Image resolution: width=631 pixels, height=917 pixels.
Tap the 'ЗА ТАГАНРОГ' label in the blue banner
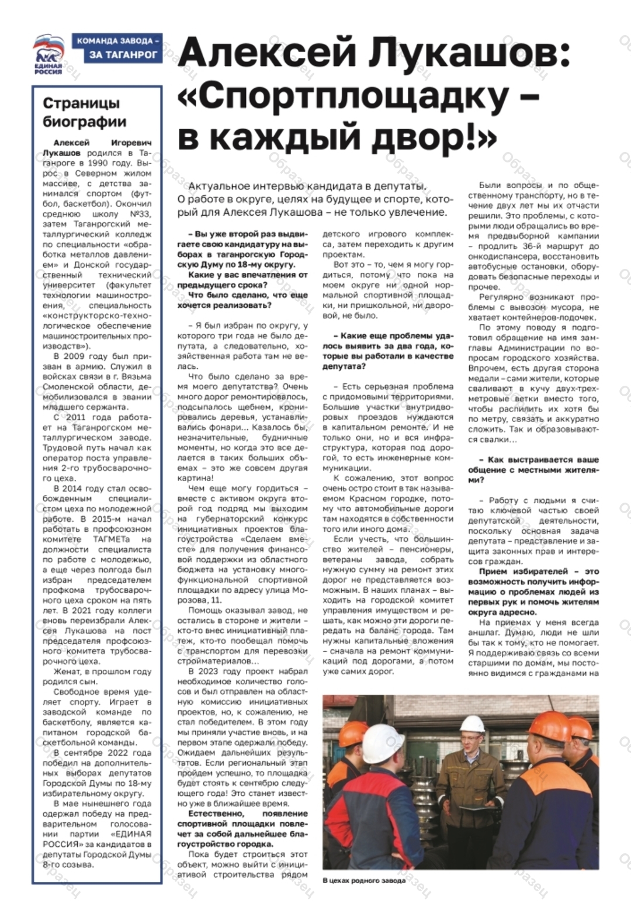click(124, 55)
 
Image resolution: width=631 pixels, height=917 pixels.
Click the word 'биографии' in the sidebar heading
click(84, 122)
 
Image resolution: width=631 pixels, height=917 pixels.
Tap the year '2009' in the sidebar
click(78, 357)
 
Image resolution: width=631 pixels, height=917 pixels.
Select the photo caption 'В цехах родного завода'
click(363, 881)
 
